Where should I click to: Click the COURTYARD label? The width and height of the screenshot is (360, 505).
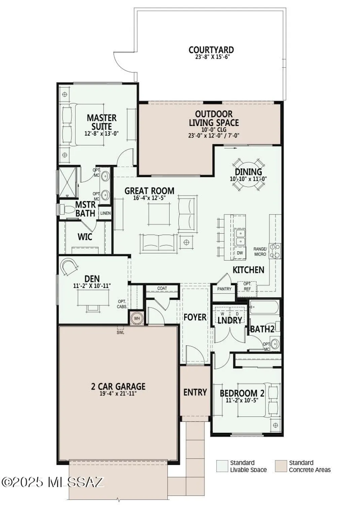pos(211,50)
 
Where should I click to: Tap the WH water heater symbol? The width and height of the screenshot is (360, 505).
pos(137,318)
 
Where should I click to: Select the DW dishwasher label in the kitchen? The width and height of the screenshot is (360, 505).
pos(240,253)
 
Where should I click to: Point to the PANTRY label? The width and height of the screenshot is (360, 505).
pos(224,289)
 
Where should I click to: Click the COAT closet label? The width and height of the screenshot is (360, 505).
pos(162,288)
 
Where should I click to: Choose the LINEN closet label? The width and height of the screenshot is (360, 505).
pos(105,213)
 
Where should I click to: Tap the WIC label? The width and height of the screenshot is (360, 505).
pos(85,237)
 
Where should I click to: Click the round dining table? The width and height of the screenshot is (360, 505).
pos(248,175)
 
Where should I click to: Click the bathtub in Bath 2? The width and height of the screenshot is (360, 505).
pos(264,307)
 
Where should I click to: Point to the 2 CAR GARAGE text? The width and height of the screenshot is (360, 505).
pos(118,386)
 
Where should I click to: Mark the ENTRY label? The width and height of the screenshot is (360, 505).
pos(195,392)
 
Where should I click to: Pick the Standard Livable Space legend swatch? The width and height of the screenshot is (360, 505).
pos(222,466)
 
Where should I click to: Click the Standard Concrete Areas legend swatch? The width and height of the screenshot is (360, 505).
pos(281,466)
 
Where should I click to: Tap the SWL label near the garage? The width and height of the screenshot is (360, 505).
pos(120,332)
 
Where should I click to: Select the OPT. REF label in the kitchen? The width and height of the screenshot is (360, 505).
pos(247,287)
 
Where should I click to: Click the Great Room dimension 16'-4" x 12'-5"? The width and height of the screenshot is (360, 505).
pos(149,198)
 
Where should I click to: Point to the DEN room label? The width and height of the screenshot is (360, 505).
pos(92,278)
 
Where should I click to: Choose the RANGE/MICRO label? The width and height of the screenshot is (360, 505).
pos(260,251)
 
